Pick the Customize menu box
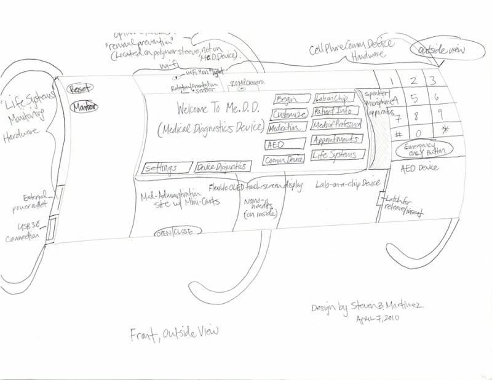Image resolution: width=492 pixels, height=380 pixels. click(x=287, y=114)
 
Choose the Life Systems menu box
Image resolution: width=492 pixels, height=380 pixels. click(x=337, y=154)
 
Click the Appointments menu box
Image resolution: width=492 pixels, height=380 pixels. click(x=336, y=140)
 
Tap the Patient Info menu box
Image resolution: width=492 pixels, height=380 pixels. click(x=336, y=111)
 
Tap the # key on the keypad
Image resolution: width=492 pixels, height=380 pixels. click(x=398, y=133)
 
